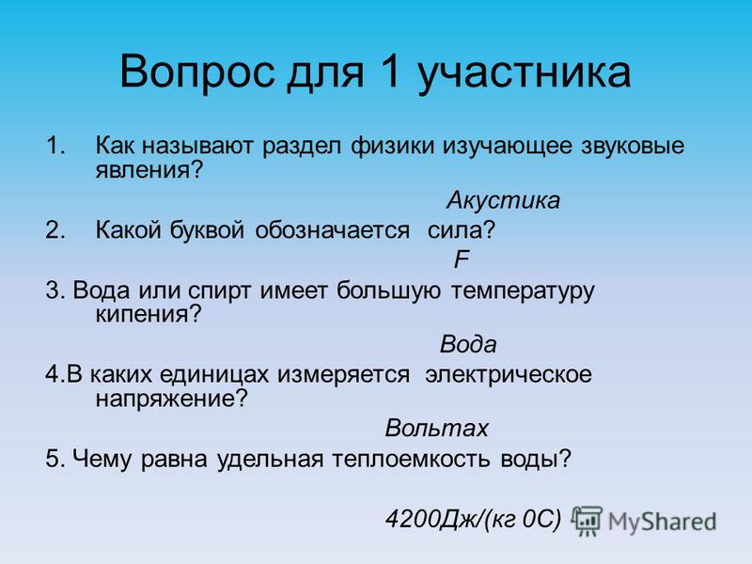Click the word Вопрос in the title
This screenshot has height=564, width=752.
(197, 72)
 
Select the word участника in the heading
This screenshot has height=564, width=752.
(525, 73)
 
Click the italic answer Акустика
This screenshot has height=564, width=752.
(503, 200)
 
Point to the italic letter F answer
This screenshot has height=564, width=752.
(462, 259)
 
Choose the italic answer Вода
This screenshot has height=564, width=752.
(468, 344)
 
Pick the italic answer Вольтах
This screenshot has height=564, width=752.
(436, 428)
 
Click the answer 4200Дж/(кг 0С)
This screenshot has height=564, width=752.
(473, 519)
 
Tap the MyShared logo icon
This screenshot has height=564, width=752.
(587, 521)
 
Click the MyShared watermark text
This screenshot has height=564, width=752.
(662, 522)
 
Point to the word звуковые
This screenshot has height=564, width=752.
(633, 146)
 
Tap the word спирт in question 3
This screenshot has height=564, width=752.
(219, 291)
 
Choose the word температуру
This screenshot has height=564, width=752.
(523, 291)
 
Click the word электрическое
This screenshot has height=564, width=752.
(509, 375)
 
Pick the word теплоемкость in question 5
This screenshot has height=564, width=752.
(411, 459)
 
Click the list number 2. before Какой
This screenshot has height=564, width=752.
(55, 230)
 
